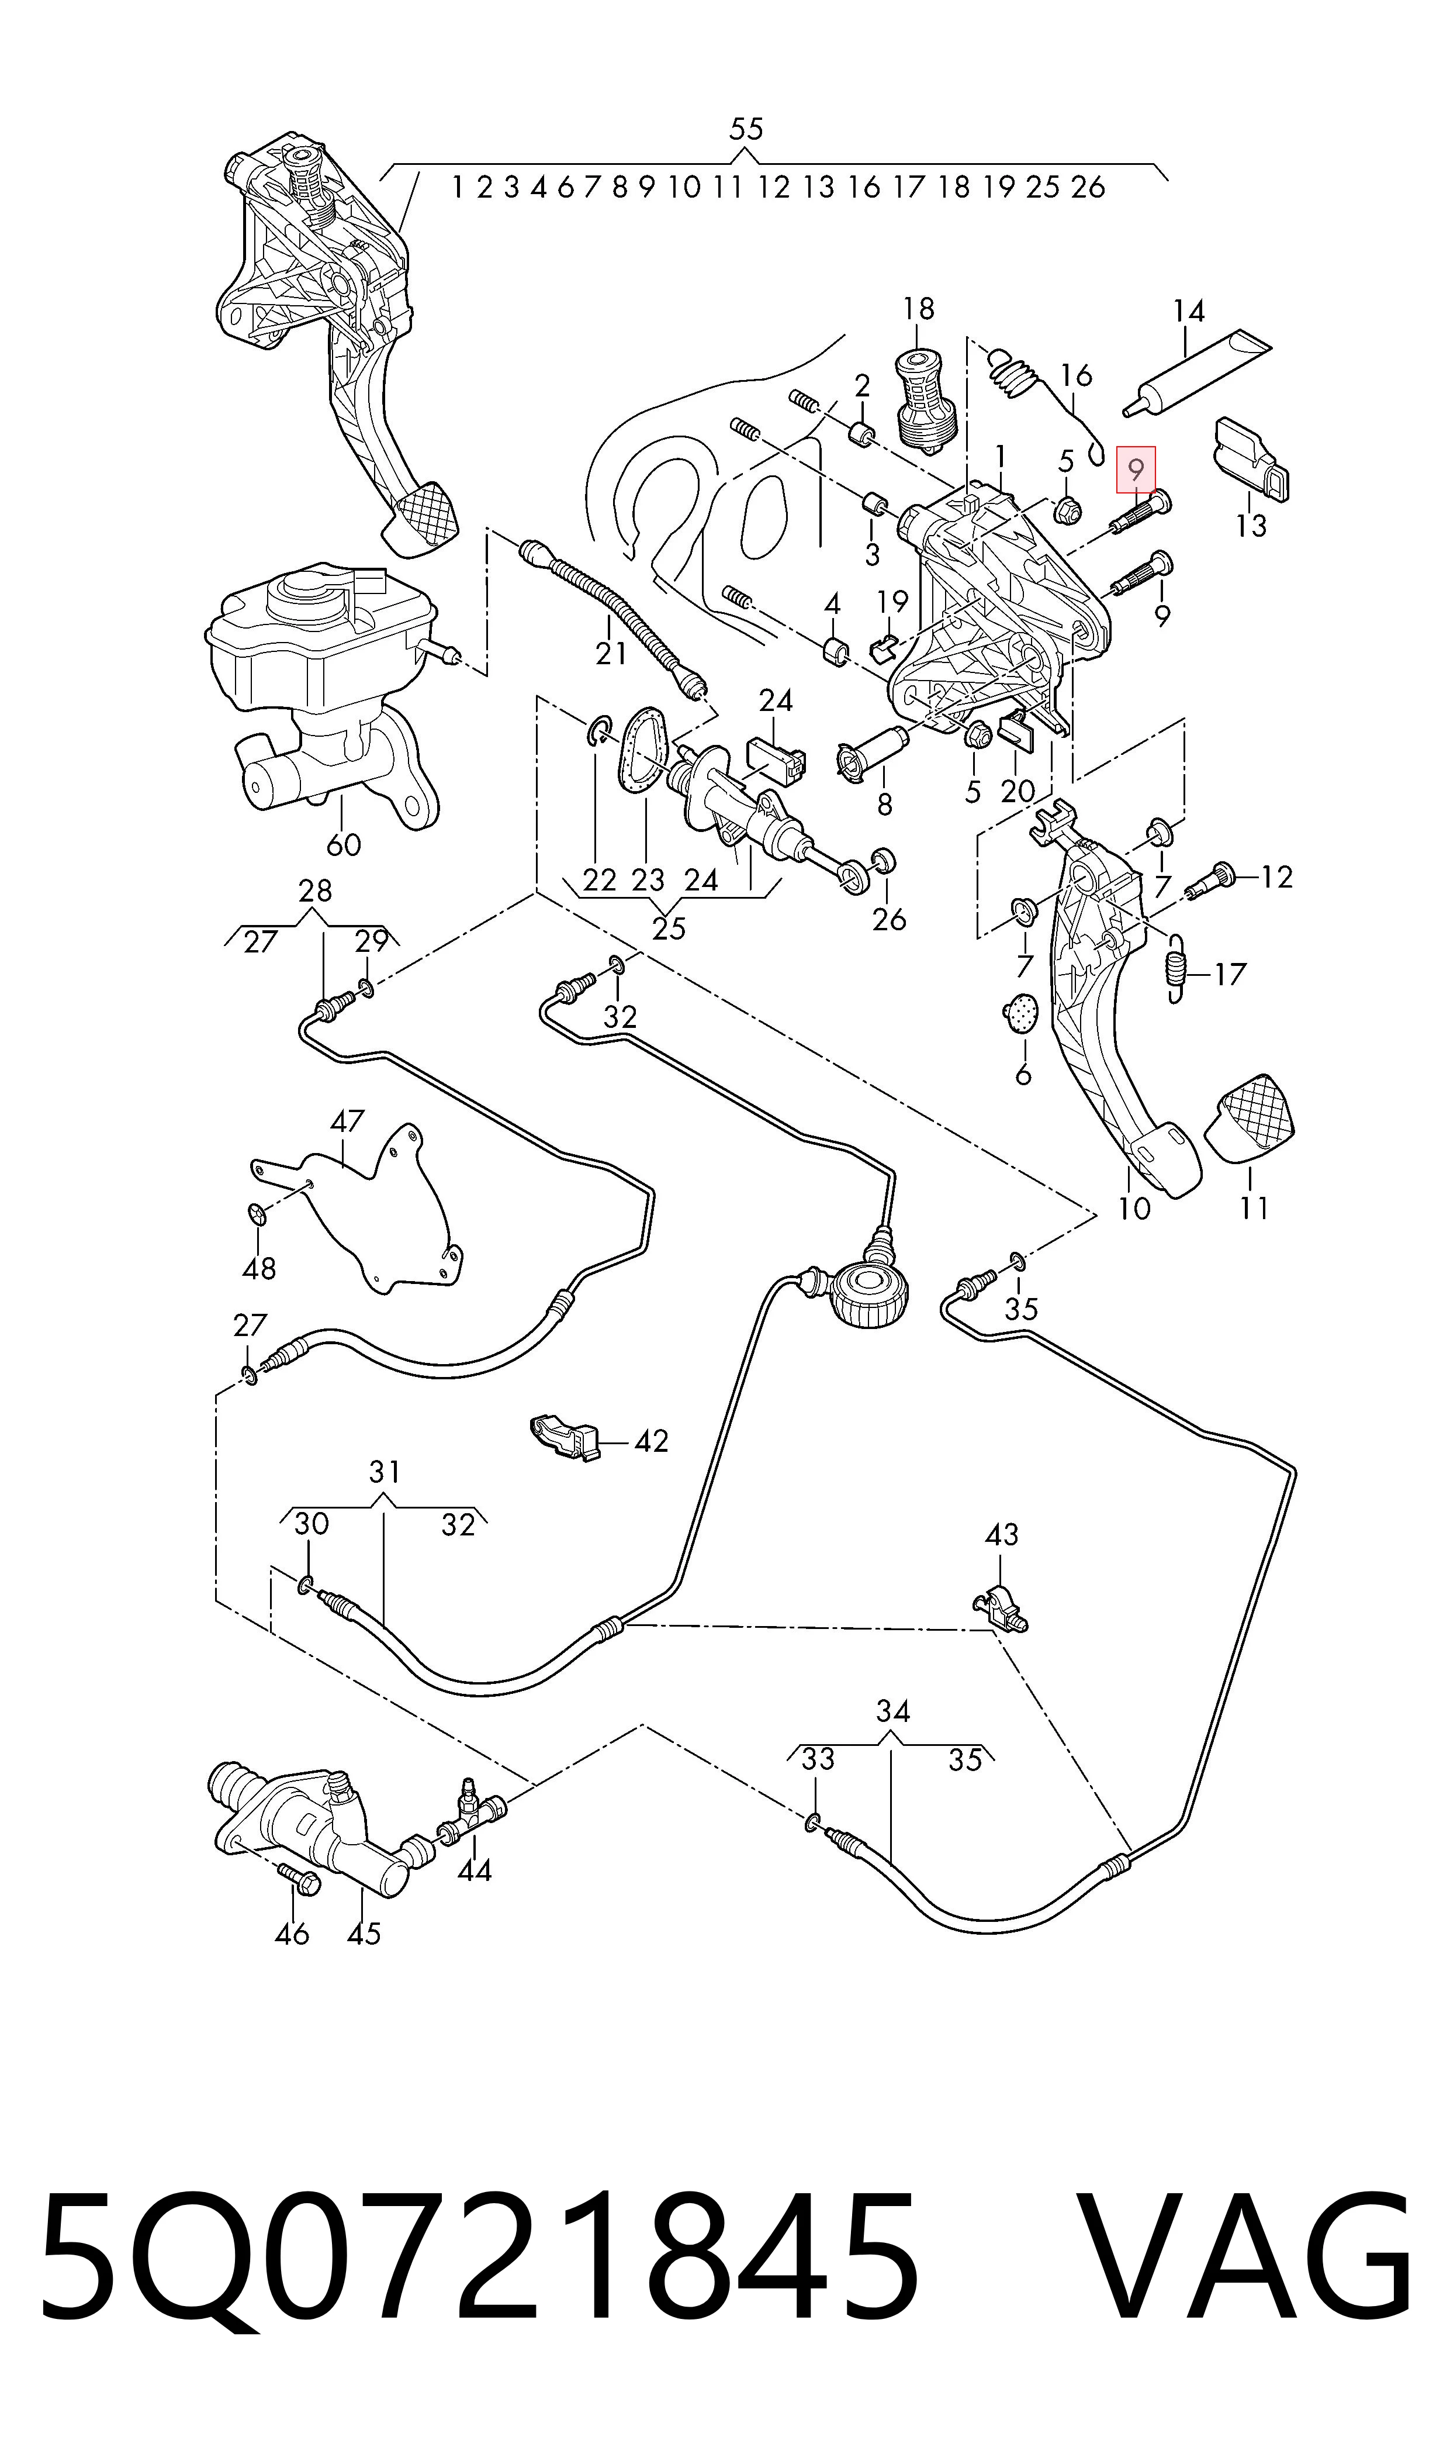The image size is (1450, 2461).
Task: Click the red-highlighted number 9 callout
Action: pos(1136,469)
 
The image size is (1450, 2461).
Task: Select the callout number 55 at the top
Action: pos(746,129)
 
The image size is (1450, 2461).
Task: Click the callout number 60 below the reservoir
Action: pos(343,844)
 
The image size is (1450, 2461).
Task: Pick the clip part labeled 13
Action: pos(1251,460)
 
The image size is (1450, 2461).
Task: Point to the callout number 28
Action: pos(314,889)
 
